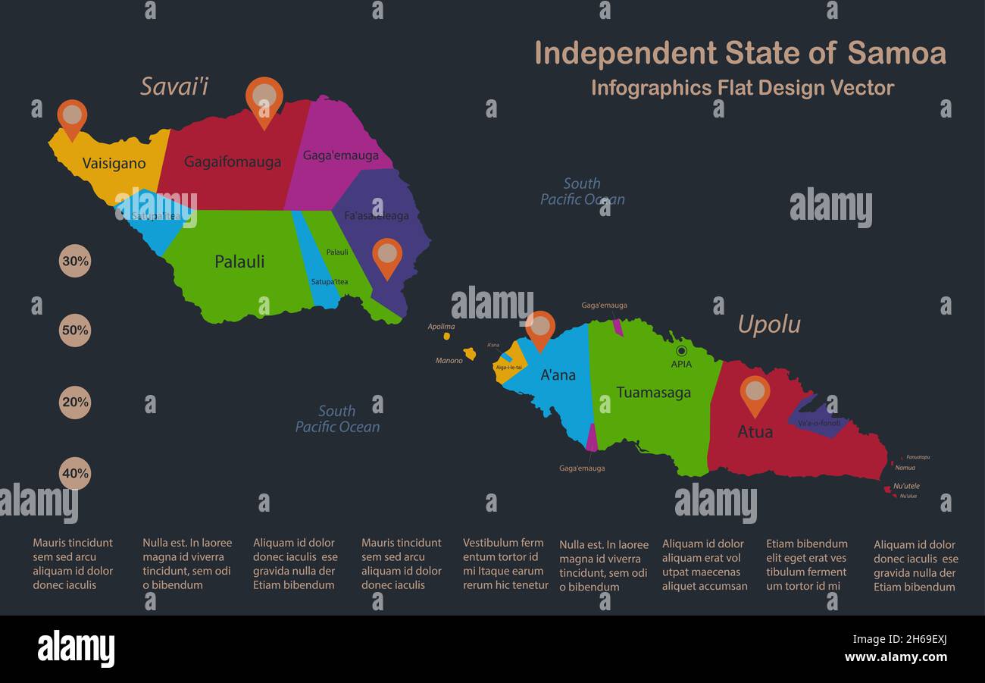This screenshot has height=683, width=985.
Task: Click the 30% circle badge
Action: pyautogui.click(x=75, y=261)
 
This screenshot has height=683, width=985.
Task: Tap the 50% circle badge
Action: pyautogui.click(x=75, y=331)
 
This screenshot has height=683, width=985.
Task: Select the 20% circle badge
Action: pyautogui.click(x=75, y=403)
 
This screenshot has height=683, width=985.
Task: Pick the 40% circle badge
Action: pyautogui.click(x=75, y=474)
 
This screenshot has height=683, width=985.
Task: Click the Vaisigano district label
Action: pyautogui.click(x=114, y=164)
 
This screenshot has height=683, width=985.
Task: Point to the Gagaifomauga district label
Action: pyautogui.click(x=233, y=161)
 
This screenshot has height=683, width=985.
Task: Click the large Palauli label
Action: pyautogui.click(x=239, y=262)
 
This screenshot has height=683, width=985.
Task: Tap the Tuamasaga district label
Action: pyautogui.click(x=653, y=393)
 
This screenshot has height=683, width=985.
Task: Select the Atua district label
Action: pyautogui.click(x=755, y=432)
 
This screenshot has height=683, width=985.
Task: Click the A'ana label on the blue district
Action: pyautogui.click(x=558, y=374)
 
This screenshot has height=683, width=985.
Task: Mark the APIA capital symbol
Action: pyautogui.click(x=681, y=351)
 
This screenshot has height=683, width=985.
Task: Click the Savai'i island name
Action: pyautogui.click(x=174, y=86)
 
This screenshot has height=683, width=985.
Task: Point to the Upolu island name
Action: pyautogui.click(x=769, y=324)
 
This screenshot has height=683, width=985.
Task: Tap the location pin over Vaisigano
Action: pyautogui.click(x=72, y=117)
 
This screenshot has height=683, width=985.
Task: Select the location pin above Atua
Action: pyautogui.click(x=755, y=393)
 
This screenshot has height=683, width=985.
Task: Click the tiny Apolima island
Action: pyautogui.click(x=447, y=336)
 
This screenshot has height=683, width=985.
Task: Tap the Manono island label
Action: pyautogui.click(x=449, y=361)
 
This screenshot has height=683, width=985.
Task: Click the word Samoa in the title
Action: pyautogui.click(x=896, y=53)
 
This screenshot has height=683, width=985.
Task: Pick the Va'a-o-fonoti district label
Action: pyautogui.click(x=819, y=423)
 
